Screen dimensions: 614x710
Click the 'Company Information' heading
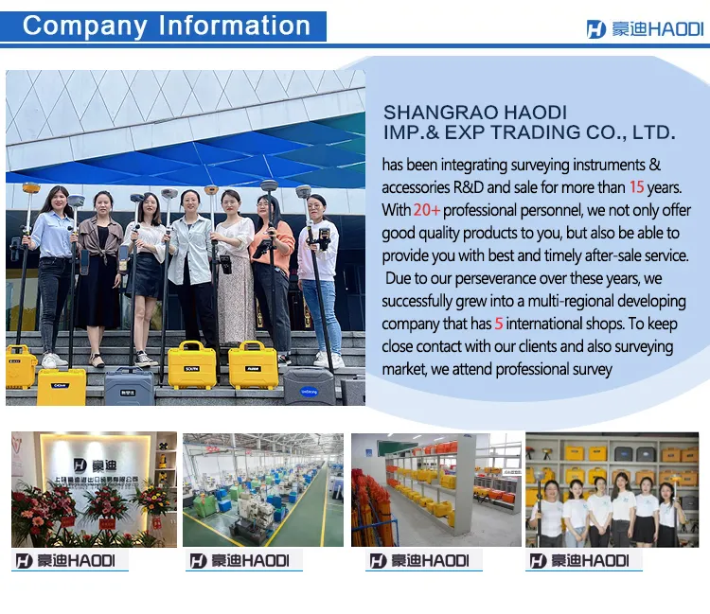coord(166,26)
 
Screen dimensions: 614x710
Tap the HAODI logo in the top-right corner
coord(645,29)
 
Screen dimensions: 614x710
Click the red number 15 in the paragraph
coord(636,187)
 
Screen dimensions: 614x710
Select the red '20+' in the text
coord(426,210)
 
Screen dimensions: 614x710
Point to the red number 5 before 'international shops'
coord(498,324)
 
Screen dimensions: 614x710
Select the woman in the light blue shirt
coord(51,265)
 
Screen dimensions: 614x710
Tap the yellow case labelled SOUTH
coord(191,364)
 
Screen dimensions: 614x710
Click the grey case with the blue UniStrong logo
coord(309,386)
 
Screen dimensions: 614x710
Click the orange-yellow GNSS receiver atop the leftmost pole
coord(31,190)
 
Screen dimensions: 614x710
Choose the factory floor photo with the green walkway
coord(262,489)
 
